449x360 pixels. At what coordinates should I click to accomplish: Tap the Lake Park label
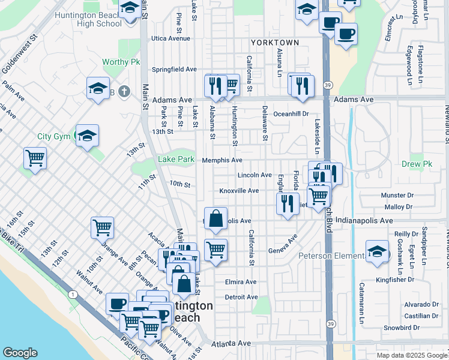click(x=176, y=160)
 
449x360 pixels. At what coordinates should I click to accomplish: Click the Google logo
click(x=21, y=353)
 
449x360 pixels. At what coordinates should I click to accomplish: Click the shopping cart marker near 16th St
click(x=35, y=159)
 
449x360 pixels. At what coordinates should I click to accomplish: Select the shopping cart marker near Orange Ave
click(x=103, y=228)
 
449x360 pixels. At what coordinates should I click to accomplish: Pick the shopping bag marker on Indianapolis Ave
click(x=215, y=218)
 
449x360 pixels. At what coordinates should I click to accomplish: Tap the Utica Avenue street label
click(x=170, y=38)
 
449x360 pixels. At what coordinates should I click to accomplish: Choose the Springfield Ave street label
click(x=174, y=70)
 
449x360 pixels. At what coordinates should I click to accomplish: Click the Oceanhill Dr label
click(x=291, y=113)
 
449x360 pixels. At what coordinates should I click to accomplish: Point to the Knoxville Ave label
click(x=238, y=191)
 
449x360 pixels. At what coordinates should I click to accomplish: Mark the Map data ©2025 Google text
click(x=411, y=355)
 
